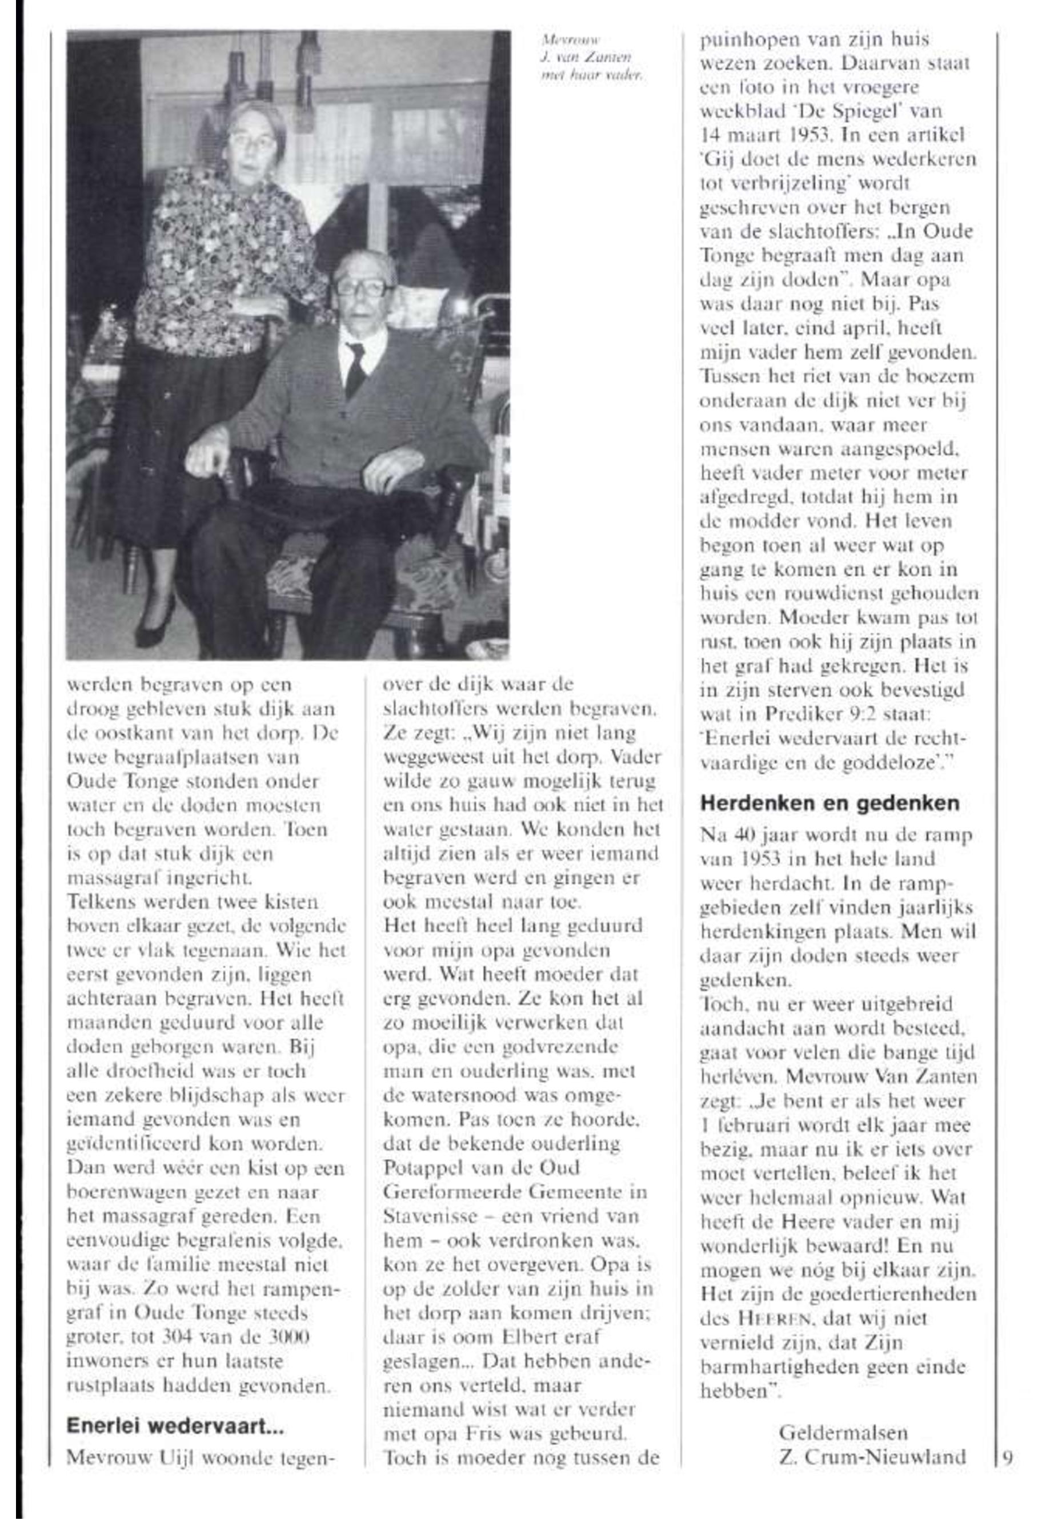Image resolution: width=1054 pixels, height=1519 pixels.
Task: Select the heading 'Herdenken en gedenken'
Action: [829, 803]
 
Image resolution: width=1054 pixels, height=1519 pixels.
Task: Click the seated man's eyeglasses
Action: [362, 287]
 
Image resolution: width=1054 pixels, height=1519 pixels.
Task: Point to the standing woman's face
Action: [253, 143]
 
